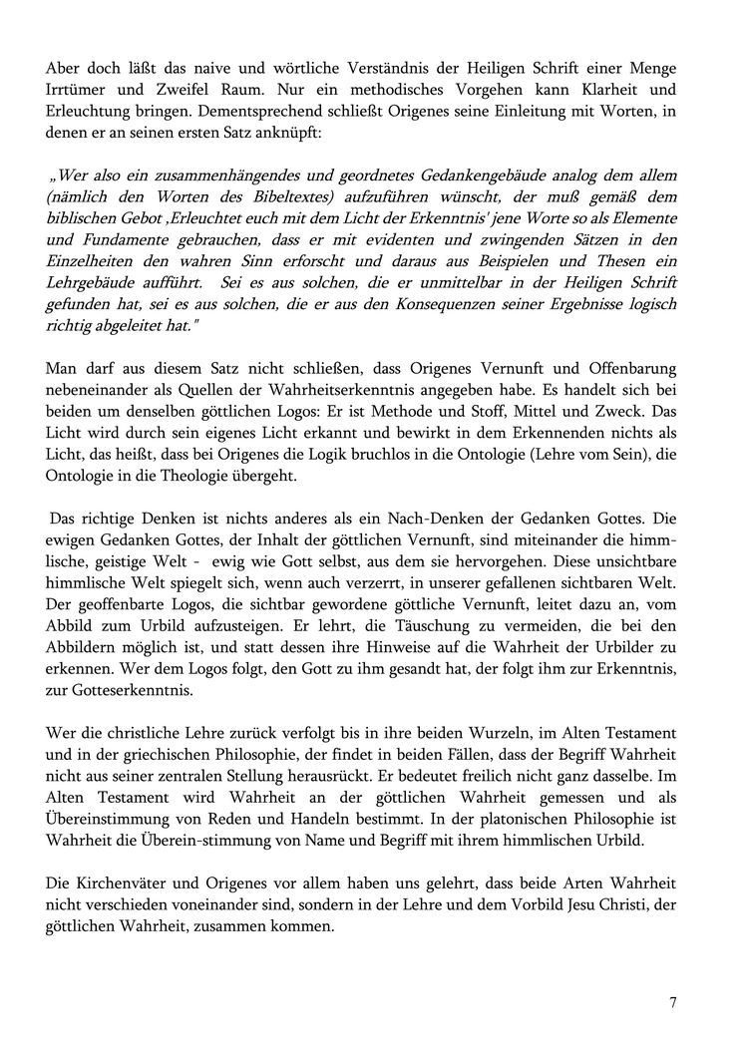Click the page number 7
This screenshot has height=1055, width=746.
(x=673, y=1003)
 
